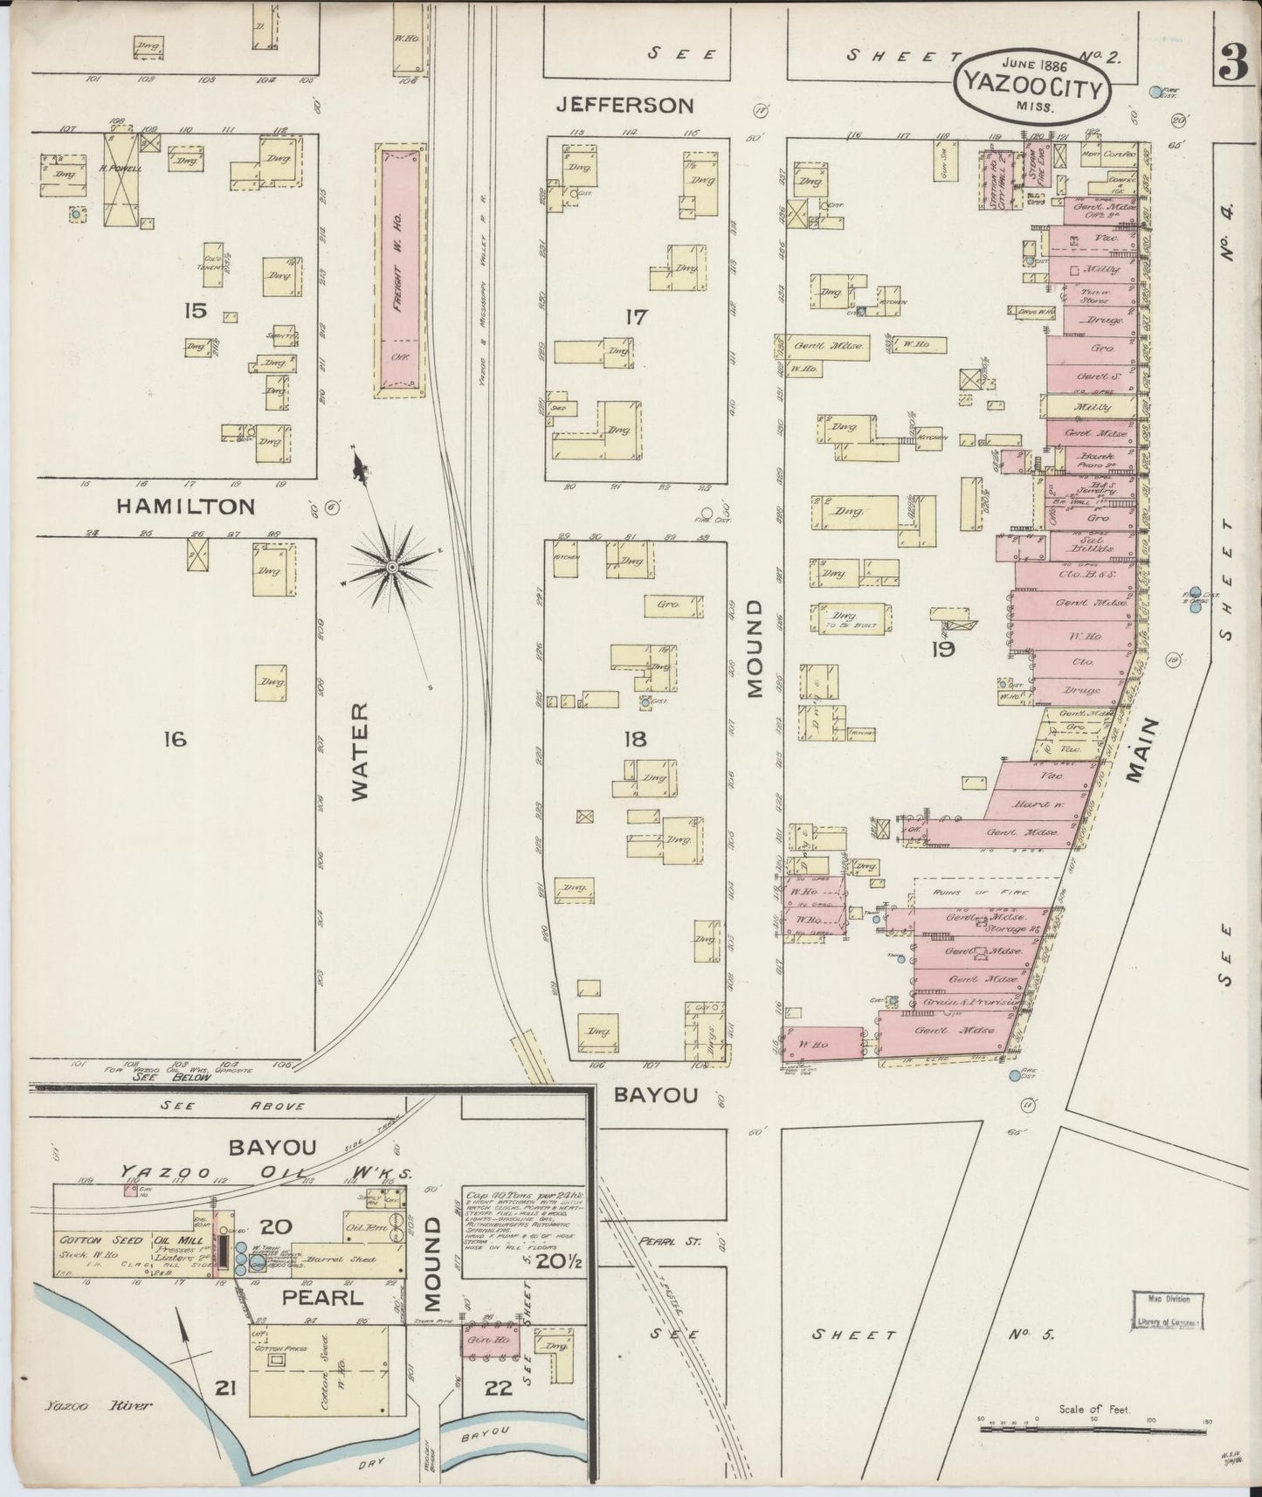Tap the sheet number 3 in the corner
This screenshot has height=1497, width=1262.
[x=1232, y=62]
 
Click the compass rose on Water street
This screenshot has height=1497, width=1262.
[x=392, y=569]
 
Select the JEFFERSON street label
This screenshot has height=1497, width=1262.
[x=625, y=106]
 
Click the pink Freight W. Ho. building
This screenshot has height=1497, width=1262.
[x=401, y=272]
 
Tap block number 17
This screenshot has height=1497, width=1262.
[x=635, y=317]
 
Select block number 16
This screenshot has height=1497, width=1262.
[x=174, y=740]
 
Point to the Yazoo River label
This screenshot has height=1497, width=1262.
[x=97, y=1405]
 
